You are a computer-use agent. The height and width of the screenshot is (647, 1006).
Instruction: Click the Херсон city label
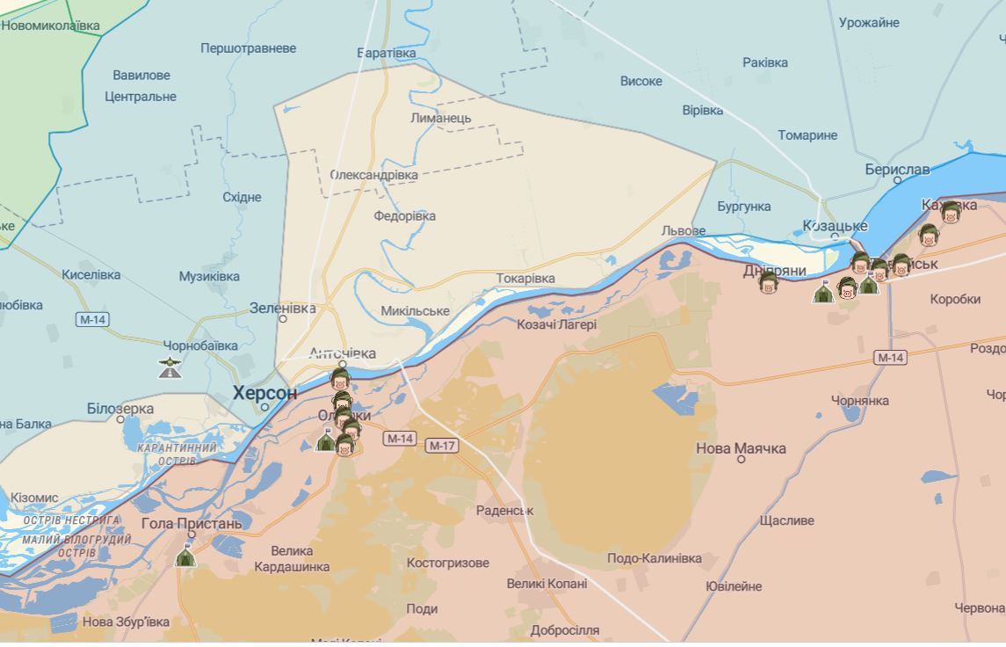click(264, 393)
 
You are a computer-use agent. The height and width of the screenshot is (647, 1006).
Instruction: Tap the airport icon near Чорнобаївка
click(170, 367)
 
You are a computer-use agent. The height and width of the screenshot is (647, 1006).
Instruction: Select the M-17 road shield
click(442, 446)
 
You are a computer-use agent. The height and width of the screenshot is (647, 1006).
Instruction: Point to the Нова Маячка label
click(741, 448)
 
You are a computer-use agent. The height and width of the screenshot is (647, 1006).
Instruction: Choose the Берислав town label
click(896, 169)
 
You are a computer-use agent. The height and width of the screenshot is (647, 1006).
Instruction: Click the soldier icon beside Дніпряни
click(769, 282)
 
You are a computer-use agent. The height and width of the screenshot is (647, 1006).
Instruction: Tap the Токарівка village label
click(525, 278)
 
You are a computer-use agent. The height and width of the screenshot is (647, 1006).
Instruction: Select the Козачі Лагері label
click(556, 324)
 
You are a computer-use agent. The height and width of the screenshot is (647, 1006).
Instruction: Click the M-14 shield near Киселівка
click(92, 319)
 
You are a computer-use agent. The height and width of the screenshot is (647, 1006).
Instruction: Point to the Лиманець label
click(440, 118)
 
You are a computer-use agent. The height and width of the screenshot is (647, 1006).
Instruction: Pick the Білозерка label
click(120, 409)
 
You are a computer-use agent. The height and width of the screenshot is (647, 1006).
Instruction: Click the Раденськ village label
click(504, 510)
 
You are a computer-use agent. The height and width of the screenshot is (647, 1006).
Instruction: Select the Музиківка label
click(209, 276)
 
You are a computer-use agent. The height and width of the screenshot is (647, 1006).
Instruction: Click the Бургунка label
click(743, 207)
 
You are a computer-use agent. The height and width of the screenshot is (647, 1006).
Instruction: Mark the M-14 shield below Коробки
click(890, 357)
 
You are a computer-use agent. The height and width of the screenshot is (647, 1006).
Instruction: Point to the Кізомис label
click(34, 498)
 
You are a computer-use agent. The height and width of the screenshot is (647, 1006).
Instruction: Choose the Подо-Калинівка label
click(654, 558)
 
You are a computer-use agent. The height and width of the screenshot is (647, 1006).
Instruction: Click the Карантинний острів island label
click(177, 454)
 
